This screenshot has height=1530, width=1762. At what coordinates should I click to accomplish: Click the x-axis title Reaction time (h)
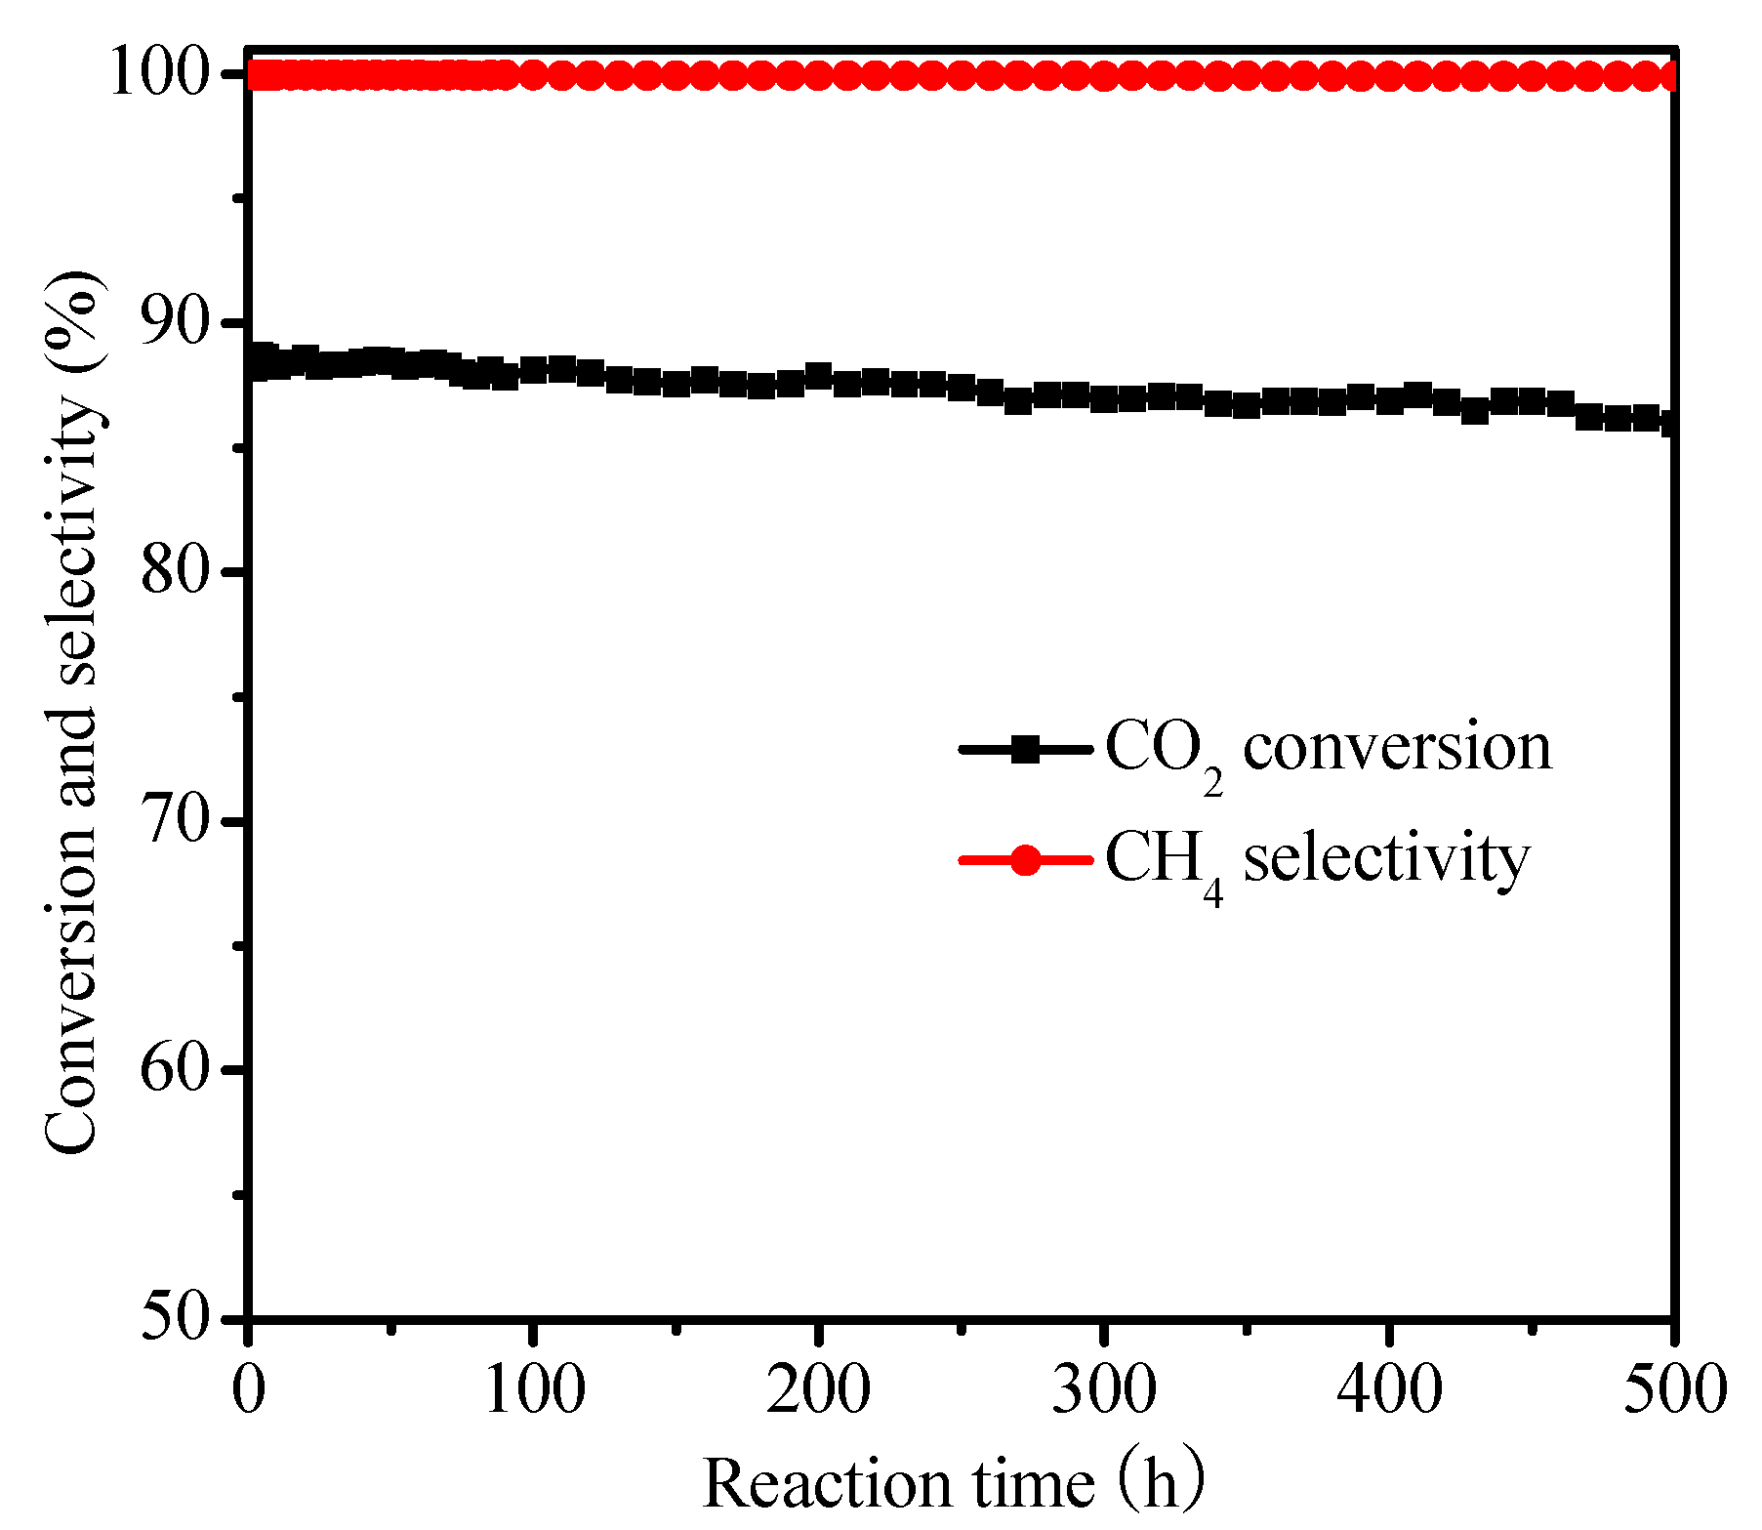coord(953,1482)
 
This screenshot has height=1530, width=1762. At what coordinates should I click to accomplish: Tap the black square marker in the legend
coord(1025,750)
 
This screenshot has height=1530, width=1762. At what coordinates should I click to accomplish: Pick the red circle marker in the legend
coord(1025,860)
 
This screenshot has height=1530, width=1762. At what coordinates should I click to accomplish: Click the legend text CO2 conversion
coord(1328,750)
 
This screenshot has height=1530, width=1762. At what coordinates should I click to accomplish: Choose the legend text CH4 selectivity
coord(1317,860)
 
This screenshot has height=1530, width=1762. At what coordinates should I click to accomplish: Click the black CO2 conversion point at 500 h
coord(1671,423)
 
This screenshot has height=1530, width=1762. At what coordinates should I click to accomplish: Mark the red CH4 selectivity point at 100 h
coord(534,75)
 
